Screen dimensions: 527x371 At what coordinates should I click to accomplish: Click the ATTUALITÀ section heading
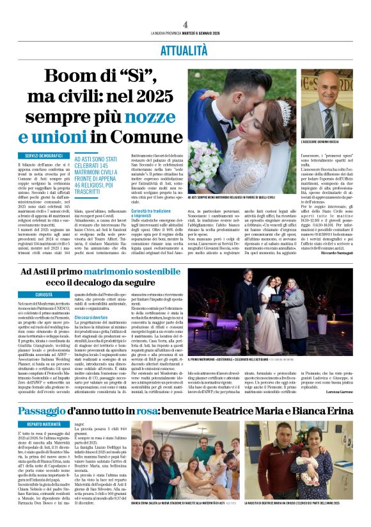(184, 50)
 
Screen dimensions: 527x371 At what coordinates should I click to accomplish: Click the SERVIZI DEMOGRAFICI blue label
(44, 156)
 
